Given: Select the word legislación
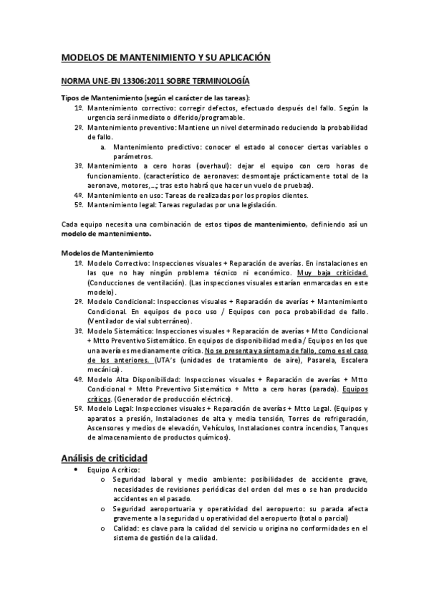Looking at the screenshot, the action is (256, 204).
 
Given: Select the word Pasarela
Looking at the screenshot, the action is (328, 359).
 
